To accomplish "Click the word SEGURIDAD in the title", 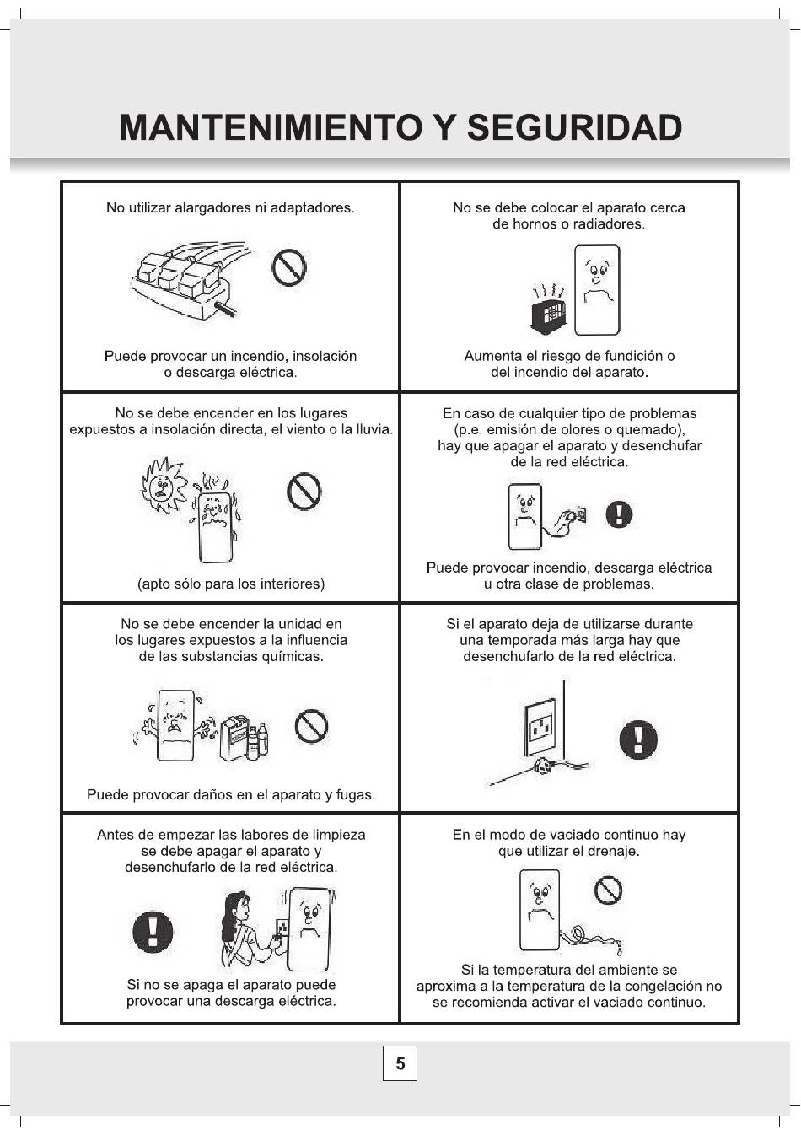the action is pyautogui.click(x=574, y=126).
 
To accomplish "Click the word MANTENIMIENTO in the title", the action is pyautogui.click(x=271, y=127).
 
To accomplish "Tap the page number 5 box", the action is pyautogui.click(x=400, y=1062).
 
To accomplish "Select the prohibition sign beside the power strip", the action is pyautogui.click(x=289, y=267).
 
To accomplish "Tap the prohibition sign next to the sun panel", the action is pyautogui.click(x=304, y=491).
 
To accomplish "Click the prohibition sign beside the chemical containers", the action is pyautogui.click(x=311, y=726).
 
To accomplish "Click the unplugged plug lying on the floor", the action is pyautogui.click(x=542, y=767).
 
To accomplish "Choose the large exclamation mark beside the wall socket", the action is pyautogui.click(x=638, y=739).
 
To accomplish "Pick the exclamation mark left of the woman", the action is pyautogui.click(x=153, y=931).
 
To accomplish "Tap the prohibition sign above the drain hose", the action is pyautogui.click(x=608, y=890).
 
